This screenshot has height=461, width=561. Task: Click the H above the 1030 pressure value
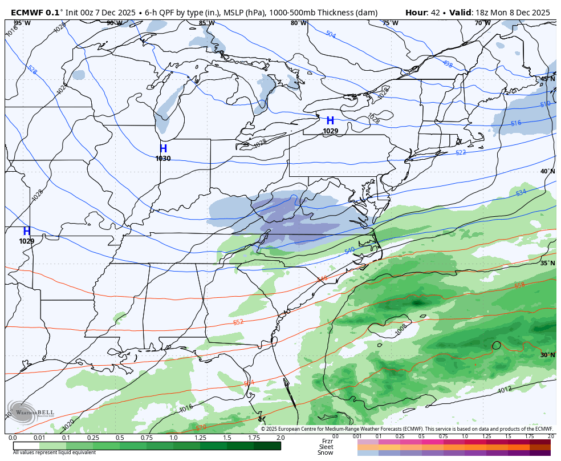163,149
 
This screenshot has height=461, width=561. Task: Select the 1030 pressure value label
163,159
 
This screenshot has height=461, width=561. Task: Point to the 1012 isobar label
505,390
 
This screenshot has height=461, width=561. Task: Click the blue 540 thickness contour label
349,250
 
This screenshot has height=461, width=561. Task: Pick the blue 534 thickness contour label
521,193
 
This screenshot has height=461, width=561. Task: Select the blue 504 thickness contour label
331,35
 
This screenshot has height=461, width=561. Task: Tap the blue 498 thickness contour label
447,64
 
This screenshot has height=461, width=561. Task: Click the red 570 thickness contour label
201,427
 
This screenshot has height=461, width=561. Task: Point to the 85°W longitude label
206,23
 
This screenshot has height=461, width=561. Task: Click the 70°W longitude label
482,23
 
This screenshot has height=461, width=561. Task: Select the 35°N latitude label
547,263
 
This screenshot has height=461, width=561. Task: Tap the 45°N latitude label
547,79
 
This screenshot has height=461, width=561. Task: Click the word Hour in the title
417,13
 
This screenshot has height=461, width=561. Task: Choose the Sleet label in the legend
326,447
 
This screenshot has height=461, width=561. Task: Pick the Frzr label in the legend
327,441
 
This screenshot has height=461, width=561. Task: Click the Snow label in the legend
326,452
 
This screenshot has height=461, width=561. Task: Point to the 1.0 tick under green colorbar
173,438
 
